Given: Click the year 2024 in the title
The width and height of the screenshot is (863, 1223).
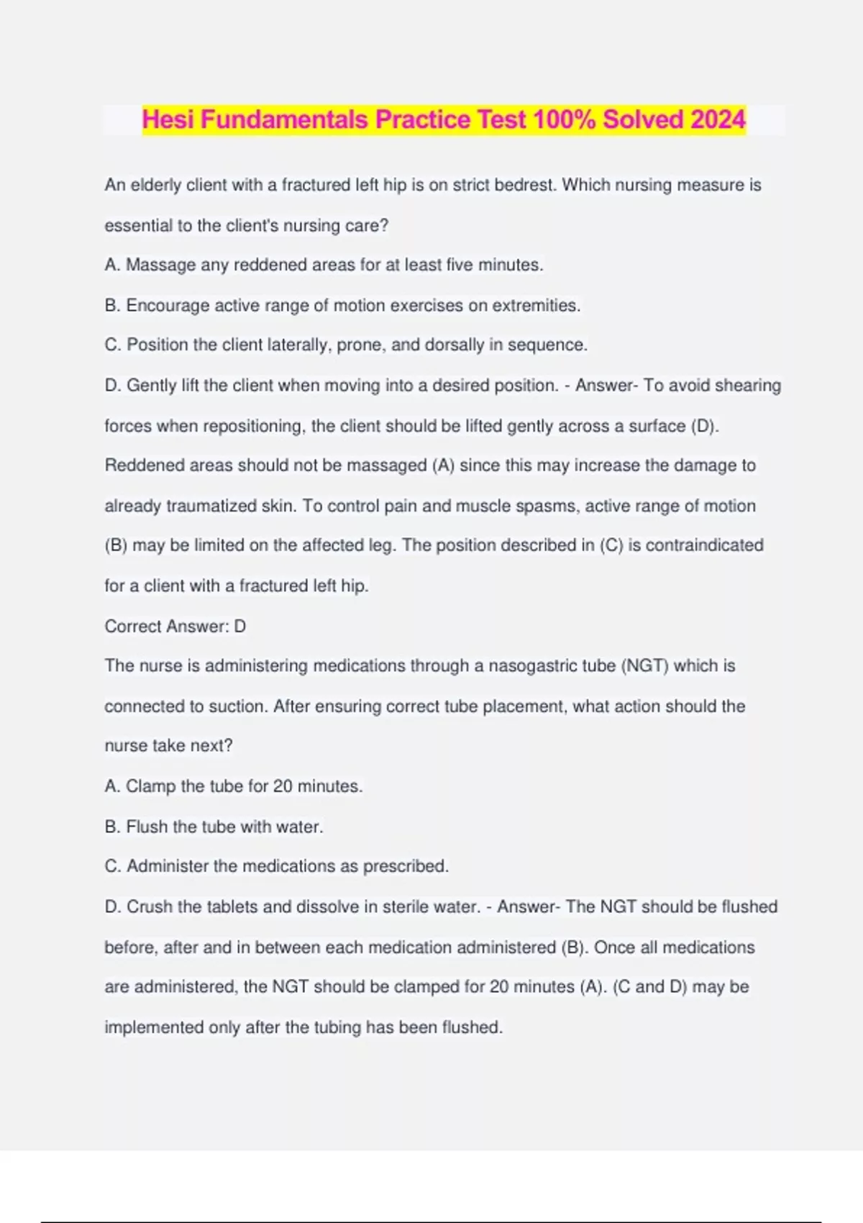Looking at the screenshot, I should pos(717,119).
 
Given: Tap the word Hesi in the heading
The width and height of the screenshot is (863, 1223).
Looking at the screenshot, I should pos(168,119).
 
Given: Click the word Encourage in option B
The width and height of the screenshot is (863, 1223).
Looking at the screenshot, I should pos(168,306).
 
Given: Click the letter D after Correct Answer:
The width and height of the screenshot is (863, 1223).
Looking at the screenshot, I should pos(240,627).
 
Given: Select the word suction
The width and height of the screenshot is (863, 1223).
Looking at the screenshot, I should pos(237,706).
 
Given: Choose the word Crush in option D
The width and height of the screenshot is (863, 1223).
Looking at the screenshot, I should pos(150,907).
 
